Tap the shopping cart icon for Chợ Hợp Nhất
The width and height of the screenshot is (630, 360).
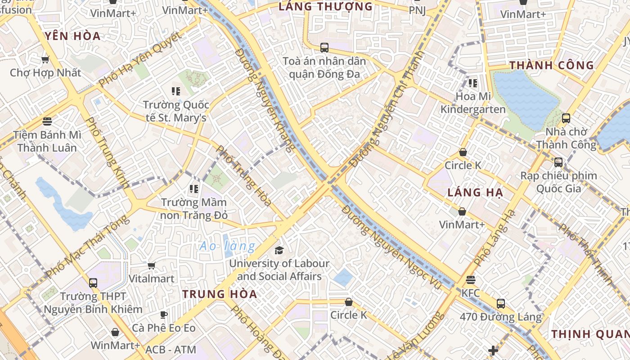[45, 59]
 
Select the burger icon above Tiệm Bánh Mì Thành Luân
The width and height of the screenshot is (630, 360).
[47, 121]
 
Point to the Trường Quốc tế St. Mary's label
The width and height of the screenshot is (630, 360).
[175, 111]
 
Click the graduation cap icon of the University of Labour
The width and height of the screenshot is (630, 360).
[279, 250]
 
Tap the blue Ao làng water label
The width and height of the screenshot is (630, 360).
[227, 246]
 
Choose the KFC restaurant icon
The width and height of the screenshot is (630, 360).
[471, 280]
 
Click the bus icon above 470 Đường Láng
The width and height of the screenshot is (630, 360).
[501, 304]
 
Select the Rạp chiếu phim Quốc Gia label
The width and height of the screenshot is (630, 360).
[558, 182]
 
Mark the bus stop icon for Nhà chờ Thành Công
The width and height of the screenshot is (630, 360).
[566, 118]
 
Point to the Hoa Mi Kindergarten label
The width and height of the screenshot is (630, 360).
[473, 103]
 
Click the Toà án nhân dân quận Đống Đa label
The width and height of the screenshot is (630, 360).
[324, 67]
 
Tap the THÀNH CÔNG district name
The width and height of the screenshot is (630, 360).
[552, 65]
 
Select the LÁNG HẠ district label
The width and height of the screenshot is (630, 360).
[475, 193]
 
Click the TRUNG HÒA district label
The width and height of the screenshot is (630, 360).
[220, 294]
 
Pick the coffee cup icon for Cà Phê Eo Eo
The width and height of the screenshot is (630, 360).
[164, 315]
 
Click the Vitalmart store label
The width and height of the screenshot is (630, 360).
[151, 279]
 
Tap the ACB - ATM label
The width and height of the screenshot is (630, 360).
[171, 350]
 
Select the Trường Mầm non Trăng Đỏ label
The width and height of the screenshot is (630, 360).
[194, 209]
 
